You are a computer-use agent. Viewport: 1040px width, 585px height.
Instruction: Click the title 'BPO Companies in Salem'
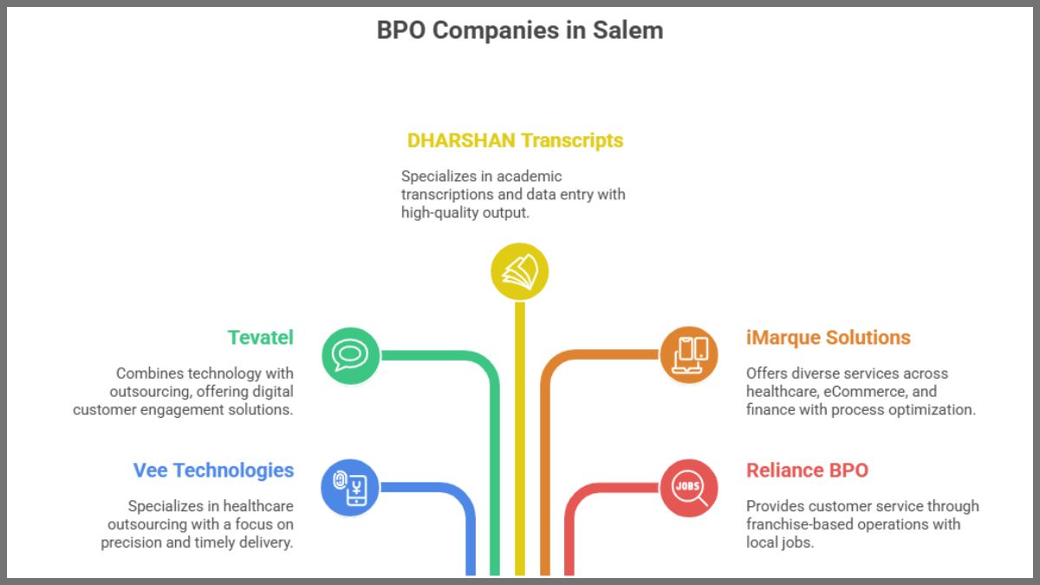tap(519, 30)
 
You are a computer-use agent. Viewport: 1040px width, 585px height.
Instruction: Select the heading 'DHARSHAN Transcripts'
tap(515, 140)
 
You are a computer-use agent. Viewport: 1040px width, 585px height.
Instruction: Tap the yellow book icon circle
tap(519, 272)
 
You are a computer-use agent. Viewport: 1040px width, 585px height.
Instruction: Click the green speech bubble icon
tap(350, 354)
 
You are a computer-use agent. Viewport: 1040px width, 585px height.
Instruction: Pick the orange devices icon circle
tap(689, 354)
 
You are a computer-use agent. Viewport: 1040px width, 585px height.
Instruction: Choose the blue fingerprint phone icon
tap(350, 487)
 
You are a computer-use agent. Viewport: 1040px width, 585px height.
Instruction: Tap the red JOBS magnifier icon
tap(689, 487)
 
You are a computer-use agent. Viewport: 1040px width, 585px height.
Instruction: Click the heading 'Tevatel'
tap(260, 337)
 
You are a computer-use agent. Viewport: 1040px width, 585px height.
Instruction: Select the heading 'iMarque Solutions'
tap(828, 337)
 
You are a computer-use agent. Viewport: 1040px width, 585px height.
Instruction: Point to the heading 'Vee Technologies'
tap(213, 471)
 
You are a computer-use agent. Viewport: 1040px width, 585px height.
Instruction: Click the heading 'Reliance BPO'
tap(807, 471)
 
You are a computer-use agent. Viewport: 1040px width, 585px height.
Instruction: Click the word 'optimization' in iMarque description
tap(932, 409)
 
